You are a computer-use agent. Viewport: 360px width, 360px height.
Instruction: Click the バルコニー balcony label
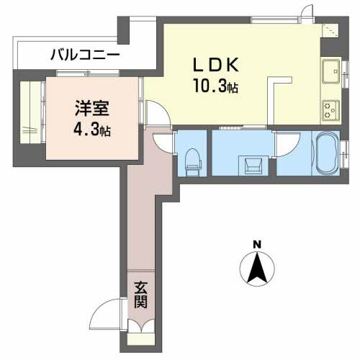click(85, 55)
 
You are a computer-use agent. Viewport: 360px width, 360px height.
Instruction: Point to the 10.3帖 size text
click(215, 88)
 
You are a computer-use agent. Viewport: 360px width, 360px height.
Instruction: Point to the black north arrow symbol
click(257, 271)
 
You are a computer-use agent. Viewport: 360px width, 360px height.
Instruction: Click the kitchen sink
click(332, 72)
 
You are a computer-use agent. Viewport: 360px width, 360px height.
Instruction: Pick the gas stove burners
click(331, 110)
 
